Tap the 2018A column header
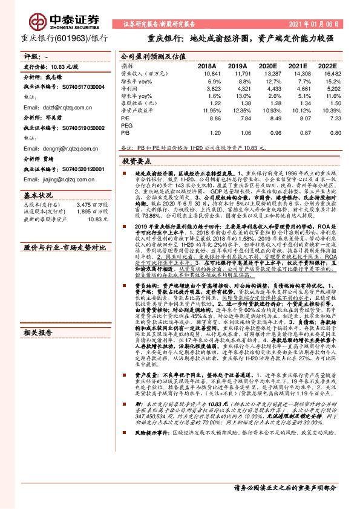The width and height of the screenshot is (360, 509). [208, 65]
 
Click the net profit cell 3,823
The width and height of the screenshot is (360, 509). [207, 88]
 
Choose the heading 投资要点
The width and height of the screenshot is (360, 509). [136, 163]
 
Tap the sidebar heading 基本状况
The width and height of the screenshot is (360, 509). [36, 196]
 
